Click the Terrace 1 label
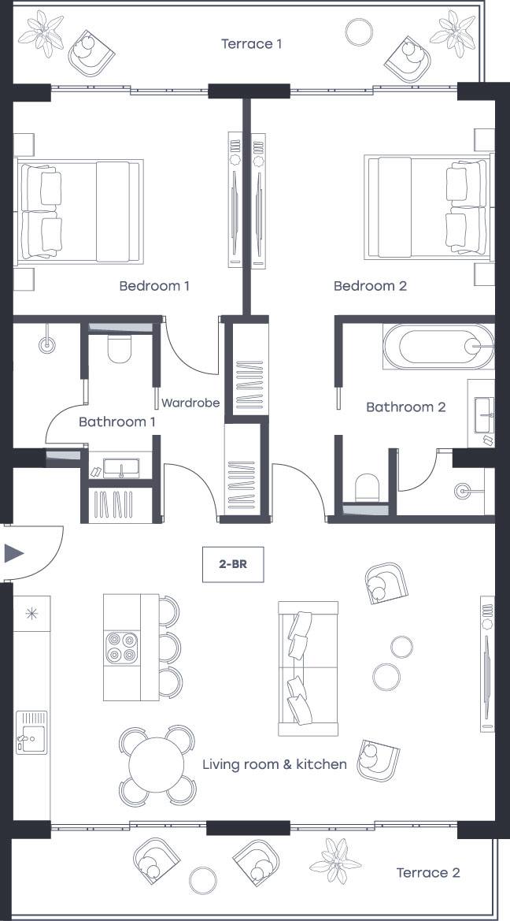[251, 43]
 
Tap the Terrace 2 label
[428, 873]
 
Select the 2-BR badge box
[233, 564]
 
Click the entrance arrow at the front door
[13, 553]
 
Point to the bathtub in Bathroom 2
[438, 347]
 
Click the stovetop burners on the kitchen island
[122, 648]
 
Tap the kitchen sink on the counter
[31, 731]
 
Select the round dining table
[157, 766]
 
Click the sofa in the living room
[308, 668]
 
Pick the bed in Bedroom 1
[79, 211]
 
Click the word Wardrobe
[190, 403]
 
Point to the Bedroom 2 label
[371, 286]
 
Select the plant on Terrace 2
[336, 861]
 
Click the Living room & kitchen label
[275, 764]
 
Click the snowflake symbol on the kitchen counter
[31, 614]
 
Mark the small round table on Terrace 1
[359, 32]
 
